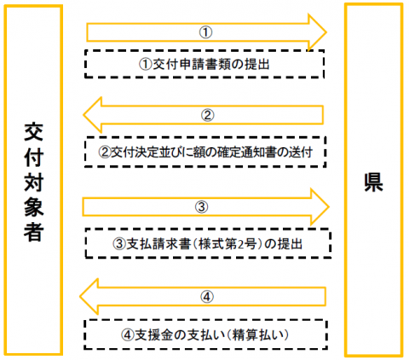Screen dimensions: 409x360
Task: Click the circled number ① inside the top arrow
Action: [x=205, y=32]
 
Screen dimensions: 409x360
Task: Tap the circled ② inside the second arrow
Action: [x=208, y=116]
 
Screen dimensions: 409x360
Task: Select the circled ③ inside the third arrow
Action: [x=201, y=207]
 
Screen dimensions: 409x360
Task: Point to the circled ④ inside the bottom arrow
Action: [x=207, y=297]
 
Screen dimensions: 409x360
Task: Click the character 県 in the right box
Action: [x=373, y=182]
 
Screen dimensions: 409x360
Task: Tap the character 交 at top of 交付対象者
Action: [x=33, y=132]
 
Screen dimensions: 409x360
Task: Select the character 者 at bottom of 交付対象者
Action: [x=33, y=231]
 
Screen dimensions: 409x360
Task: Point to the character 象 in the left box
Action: [x=33, y=207]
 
